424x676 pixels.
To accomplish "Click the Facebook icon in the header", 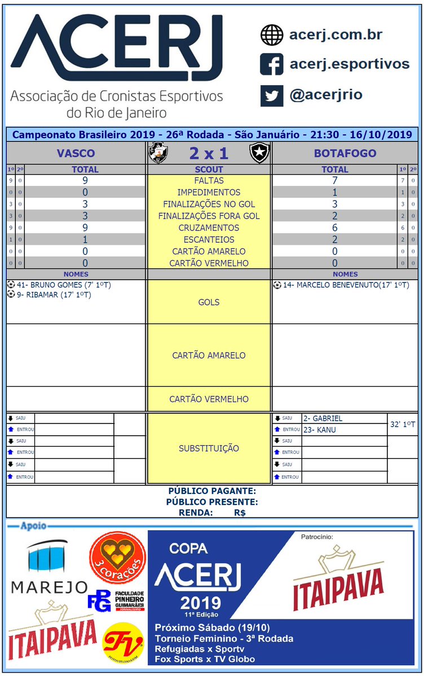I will [x=271, y=64].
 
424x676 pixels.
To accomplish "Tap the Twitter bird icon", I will [x=271, y=95].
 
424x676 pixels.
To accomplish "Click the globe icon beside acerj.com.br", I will [x=271, y=35].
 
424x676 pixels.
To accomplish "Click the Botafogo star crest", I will [x=260, y=153].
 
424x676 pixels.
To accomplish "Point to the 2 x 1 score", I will [x=209, y=153].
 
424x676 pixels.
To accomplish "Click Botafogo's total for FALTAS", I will [x=334, y=180].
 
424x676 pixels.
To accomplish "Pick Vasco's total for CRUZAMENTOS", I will [x=85, y=228].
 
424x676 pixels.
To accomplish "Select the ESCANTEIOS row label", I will [x=209, y=240].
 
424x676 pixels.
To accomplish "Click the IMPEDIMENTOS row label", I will [x=209, y=192].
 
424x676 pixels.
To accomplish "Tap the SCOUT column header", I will [x=209, y=169].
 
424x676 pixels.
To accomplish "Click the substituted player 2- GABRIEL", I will [x=323, y=418].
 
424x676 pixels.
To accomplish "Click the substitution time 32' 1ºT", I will [x=403, y=424].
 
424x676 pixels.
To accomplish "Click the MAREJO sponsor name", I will [x=50, y=587].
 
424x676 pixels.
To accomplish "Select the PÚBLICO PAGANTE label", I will [x=212, y=491].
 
